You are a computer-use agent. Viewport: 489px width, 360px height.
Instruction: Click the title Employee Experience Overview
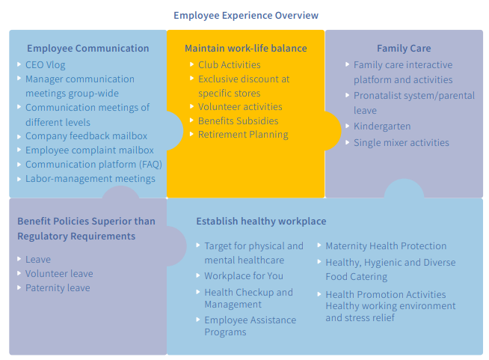click(245, 15)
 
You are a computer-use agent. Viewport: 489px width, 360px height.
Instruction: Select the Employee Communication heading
click(87, 48)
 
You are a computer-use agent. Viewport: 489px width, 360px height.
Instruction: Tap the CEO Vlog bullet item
click(45, 65)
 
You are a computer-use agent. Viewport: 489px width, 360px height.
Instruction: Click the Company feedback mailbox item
click(86, 136)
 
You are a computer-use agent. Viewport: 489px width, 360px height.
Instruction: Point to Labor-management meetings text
click(90, 179)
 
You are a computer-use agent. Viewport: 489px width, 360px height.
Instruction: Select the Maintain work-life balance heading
click(245, 48)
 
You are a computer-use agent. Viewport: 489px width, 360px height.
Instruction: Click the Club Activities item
click(229, 65)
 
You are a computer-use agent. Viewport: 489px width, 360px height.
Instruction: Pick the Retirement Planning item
click(243, 135)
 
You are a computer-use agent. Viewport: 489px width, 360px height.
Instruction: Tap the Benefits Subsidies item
click(238, 121)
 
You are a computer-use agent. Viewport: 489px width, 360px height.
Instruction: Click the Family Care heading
click(404, 48)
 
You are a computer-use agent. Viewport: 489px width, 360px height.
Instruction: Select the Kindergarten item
click(382, 126)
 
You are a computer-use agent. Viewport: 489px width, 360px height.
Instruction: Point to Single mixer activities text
click(401, 143)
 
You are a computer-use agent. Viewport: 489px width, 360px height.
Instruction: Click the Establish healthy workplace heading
click(261, 222)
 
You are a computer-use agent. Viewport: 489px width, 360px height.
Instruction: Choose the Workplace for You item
click(244, 276)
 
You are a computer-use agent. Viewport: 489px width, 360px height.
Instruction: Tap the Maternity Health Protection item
click(386, 246)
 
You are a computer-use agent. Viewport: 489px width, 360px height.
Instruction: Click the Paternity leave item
click(58, 288)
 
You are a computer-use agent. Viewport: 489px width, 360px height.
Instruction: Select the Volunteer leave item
click(59, 274)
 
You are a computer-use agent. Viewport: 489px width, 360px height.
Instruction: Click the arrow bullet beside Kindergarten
click(348, 126)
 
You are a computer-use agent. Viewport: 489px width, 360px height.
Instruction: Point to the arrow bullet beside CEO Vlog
click(19, 64)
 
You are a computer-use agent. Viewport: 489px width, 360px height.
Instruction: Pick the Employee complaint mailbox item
click(90, 150)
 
